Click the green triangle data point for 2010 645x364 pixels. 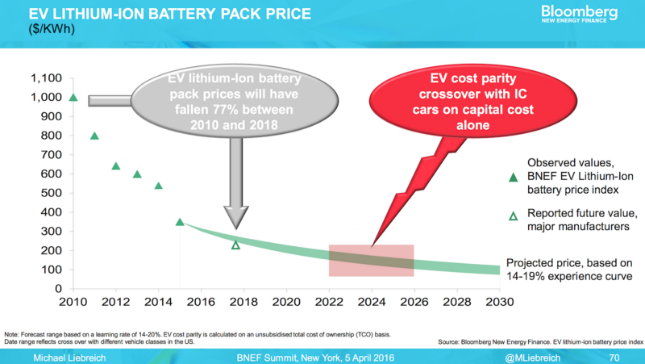point(73,98)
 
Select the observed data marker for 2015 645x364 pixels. point(179,222)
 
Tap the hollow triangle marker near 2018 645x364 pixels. point(235,245)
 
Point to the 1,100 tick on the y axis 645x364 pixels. point(45,78)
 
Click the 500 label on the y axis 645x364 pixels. point(50,193)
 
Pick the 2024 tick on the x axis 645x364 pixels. point(372,303)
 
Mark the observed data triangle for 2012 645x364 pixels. point(115,166)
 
